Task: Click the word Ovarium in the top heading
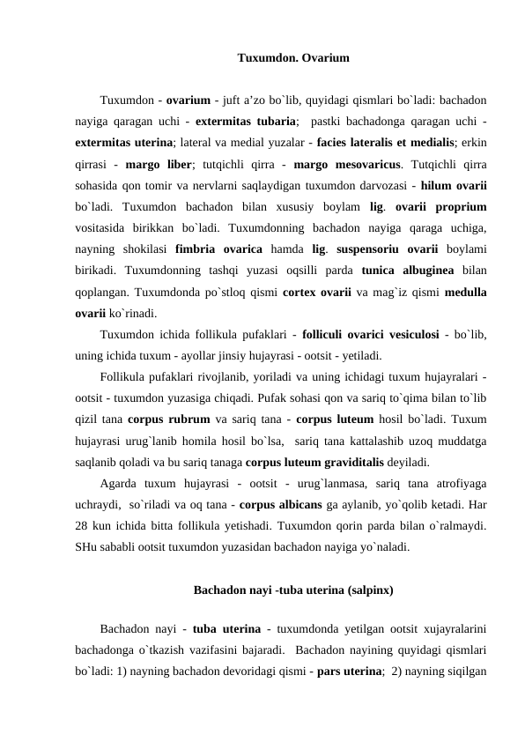(327, 59)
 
